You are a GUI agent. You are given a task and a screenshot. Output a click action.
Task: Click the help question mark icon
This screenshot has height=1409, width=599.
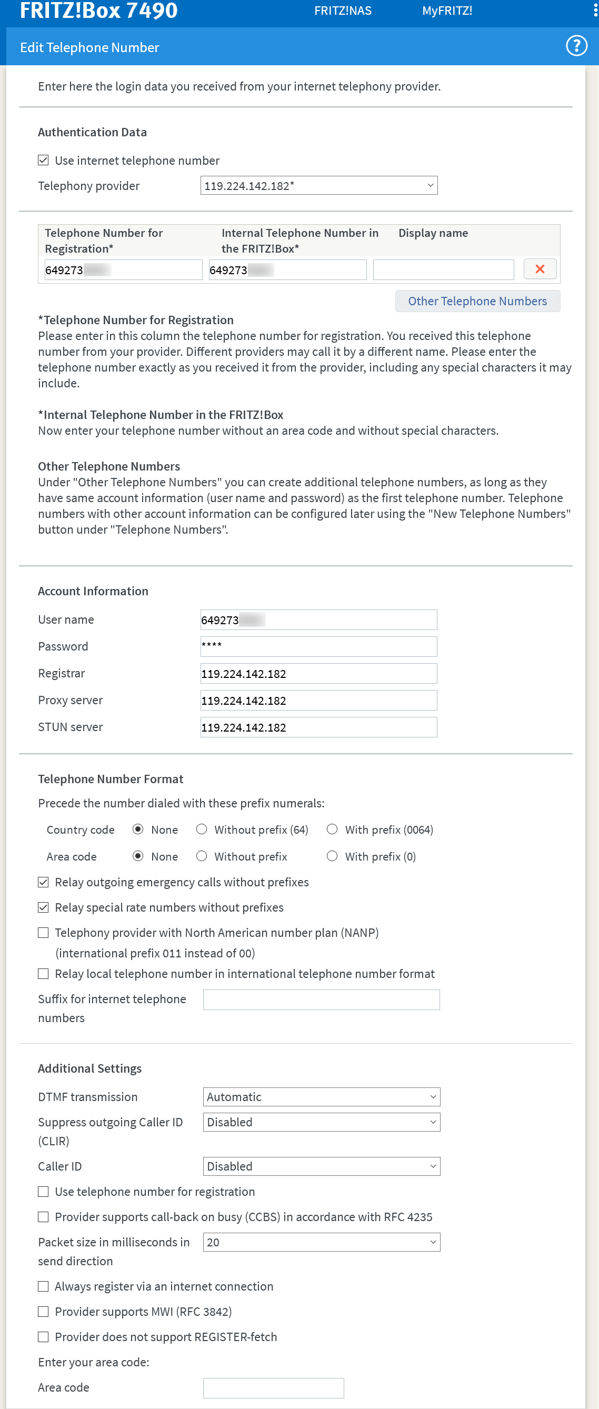pos(576,46)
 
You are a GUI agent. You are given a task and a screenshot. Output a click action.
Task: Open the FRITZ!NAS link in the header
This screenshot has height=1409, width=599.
pos(343,11)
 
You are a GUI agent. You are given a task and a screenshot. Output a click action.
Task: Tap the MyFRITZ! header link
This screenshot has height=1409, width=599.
pos(447,11)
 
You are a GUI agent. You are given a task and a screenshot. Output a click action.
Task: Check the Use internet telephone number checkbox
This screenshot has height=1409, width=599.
pos(43,160)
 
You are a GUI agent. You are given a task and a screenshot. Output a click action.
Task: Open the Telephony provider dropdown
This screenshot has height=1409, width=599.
pos(318,185)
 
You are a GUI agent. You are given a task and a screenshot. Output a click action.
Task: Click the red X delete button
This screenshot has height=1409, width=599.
pos(540,269)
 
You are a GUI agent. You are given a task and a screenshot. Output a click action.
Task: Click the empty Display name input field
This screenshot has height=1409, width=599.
pos(443,269)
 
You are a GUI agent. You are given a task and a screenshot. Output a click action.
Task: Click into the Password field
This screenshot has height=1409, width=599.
pos(318,646)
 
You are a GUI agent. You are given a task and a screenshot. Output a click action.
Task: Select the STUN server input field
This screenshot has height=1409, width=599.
pos(318,727)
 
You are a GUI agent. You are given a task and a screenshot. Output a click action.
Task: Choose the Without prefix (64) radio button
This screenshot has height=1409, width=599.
pos(202,829)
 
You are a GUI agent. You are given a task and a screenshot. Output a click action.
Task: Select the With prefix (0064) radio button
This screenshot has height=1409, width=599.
pos(332,829)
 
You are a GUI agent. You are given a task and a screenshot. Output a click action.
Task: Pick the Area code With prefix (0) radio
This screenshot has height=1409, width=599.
pos(332,856)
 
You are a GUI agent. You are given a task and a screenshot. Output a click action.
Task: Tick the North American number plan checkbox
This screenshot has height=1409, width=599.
pos(43,933)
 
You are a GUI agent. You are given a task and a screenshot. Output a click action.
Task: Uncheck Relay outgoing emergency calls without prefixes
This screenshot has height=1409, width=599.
pos(43,882)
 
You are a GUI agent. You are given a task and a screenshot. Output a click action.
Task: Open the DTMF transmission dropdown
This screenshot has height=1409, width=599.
pos(321,1097)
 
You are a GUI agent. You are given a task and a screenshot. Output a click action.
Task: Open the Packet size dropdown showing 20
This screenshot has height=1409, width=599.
pos(321,1242)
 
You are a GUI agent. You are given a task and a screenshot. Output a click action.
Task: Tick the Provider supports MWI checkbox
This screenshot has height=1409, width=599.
pos(43,1311)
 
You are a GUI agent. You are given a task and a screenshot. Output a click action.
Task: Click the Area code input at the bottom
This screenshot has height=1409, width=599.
pos(273,1387)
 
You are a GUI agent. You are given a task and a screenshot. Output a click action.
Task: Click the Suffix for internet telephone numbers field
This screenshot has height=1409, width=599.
pos(321,1000)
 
